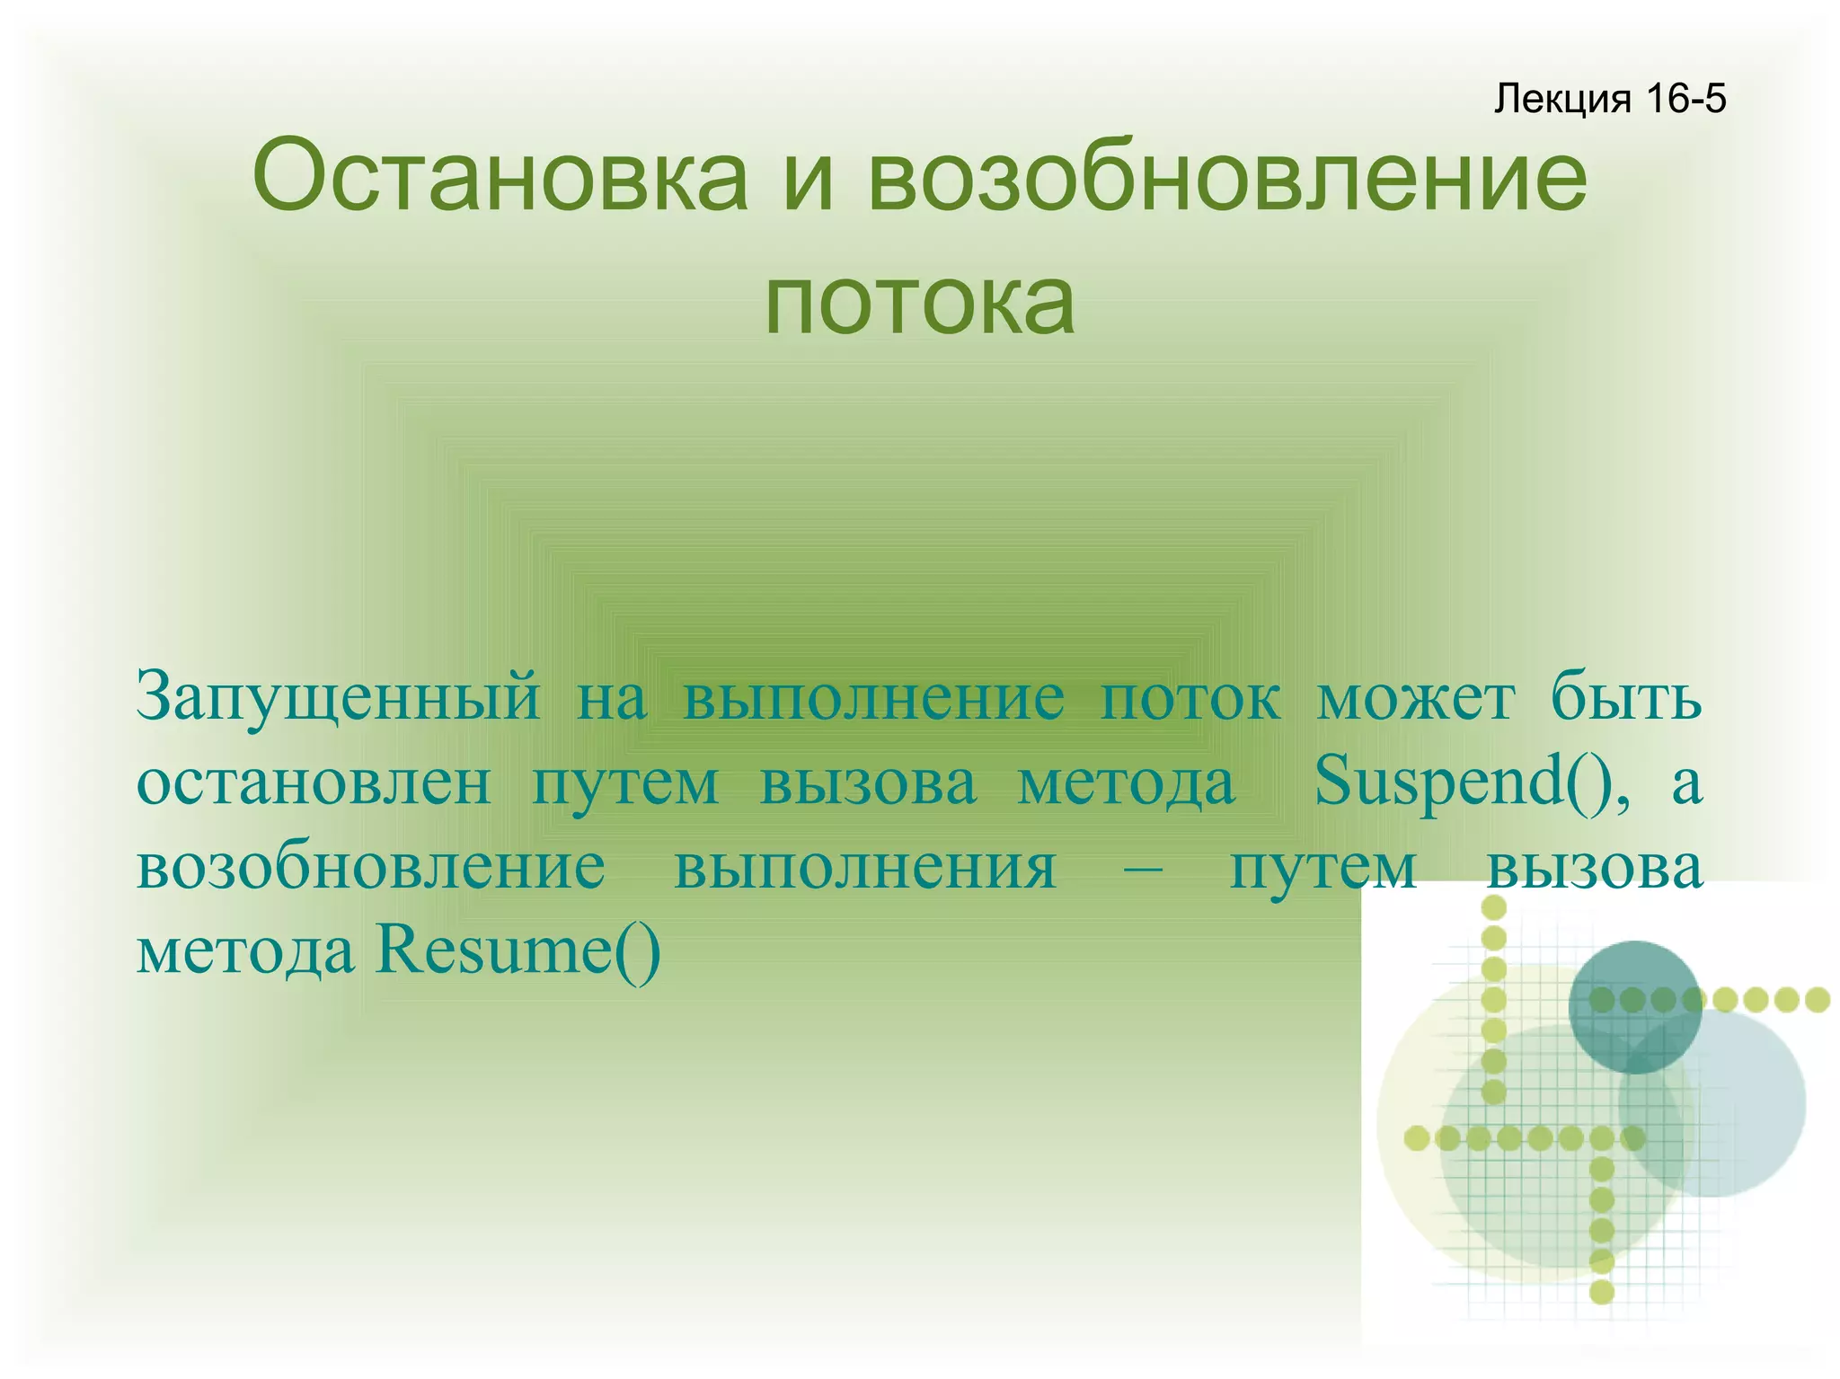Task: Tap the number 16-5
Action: (1686, 98)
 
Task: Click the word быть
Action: (1626, 696)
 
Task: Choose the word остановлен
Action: (314, 782)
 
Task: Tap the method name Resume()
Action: (518, 950)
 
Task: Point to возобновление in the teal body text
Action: (371, 867)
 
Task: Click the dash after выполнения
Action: (1143, 867)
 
